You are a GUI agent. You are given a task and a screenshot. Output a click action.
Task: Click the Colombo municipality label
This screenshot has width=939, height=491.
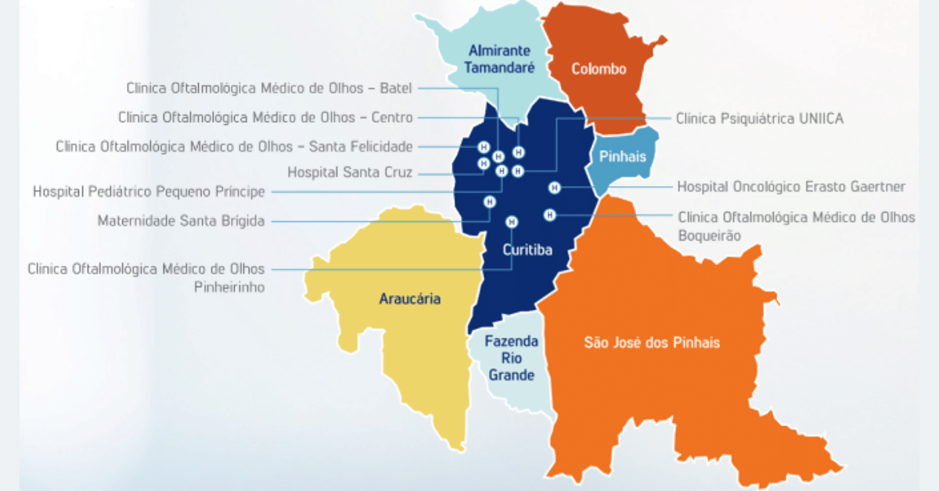(599, 69)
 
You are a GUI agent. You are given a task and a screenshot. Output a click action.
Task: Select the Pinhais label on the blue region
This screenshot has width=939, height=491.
(623, 156)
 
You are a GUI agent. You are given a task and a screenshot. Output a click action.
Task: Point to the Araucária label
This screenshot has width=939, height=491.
(409, 299)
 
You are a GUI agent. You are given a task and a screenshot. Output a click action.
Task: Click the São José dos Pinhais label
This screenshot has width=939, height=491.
(652, 342)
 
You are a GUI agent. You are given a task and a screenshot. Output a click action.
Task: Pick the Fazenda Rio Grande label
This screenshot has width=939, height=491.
(512, 358)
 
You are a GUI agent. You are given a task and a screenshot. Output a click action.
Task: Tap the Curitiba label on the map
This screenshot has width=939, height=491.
(527, 250)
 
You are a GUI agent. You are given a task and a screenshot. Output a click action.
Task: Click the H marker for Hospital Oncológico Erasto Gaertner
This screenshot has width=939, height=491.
(554, 187)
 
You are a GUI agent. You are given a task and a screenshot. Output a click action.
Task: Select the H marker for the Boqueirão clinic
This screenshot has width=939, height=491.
(550, 214)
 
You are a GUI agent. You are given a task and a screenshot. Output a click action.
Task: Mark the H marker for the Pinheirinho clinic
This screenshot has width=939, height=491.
(512, 221)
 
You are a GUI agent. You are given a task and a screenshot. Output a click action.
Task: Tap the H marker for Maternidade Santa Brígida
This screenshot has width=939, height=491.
(490, 201)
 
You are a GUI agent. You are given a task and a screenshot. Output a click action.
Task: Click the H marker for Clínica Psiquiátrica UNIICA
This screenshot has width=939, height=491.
(518, 171)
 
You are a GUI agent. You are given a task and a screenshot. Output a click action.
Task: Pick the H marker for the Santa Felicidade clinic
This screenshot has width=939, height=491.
(484, 147)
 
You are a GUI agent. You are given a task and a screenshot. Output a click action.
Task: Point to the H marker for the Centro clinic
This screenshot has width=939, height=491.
(518, 152)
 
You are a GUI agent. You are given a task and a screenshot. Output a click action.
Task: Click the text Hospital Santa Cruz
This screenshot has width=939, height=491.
(350, 172)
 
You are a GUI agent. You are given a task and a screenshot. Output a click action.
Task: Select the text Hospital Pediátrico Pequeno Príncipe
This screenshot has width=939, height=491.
(149, 192)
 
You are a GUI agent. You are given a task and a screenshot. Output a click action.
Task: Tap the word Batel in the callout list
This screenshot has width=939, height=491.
(395, 88)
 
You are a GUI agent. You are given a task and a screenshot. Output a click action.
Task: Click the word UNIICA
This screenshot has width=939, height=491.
(818, 119)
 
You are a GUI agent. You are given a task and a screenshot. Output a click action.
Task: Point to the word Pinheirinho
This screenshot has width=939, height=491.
(229, 287)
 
